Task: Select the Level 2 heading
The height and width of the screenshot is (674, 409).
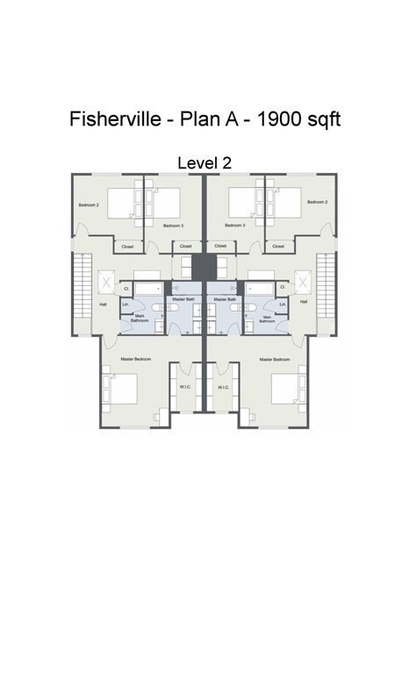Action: (x=204, y=162)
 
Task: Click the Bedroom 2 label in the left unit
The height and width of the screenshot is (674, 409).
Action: (x=89, y=204)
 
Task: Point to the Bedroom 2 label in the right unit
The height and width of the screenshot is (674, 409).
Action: (x=318, y=202)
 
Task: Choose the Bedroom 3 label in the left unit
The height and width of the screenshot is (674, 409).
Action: (x=172, y=226)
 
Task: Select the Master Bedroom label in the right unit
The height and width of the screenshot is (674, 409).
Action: (x=275, y=359)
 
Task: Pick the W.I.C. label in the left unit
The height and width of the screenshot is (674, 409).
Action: (x=186, y=387)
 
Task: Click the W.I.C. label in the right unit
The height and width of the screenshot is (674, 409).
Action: (x=223, y=387)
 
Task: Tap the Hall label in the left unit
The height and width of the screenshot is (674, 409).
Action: (x=103, y=304)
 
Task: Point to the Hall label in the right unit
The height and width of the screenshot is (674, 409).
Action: (x=305, y=301)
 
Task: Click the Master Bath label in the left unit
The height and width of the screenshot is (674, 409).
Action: (x=183, y=299)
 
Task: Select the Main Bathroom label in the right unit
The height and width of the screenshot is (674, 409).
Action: (x=267, y=319)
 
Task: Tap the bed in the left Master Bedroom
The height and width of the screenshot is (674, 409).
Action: (x=122, y=388)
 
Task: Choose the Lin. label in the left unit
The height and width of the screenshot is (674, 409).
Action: (x=126, y=305)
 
